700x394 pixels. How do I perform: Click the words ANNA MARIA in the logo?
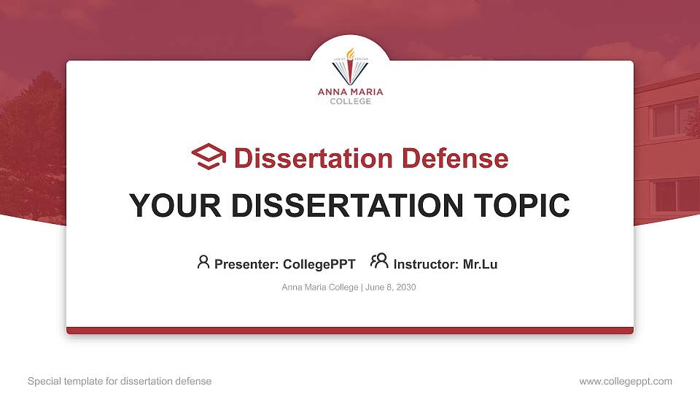pos(350,92)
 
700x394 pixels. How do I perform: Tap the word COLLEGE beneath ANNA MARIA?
pos(350,101)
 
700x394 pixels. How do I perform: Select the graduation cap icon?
pos(209,157)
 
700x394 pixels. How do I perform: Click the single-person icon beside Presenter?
pos(203,262)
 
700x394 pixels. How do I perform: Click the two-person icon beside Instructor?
pos(379,261)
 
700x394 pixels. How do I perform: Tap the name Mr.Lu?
pos(481,264)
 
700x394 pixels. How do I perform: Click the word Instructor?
pos(427,264)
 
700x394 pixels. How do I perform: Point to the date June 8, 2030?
pos(390,287)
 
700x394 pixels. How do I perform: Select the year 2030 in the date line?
pos(405,287)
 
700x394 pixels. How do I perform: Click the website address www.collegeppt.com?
pos(625,381)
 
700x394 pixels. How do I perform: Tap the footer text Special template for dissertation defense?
pos(120,381)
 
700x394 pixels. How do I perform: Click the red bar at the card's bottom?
pos(350,331)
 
